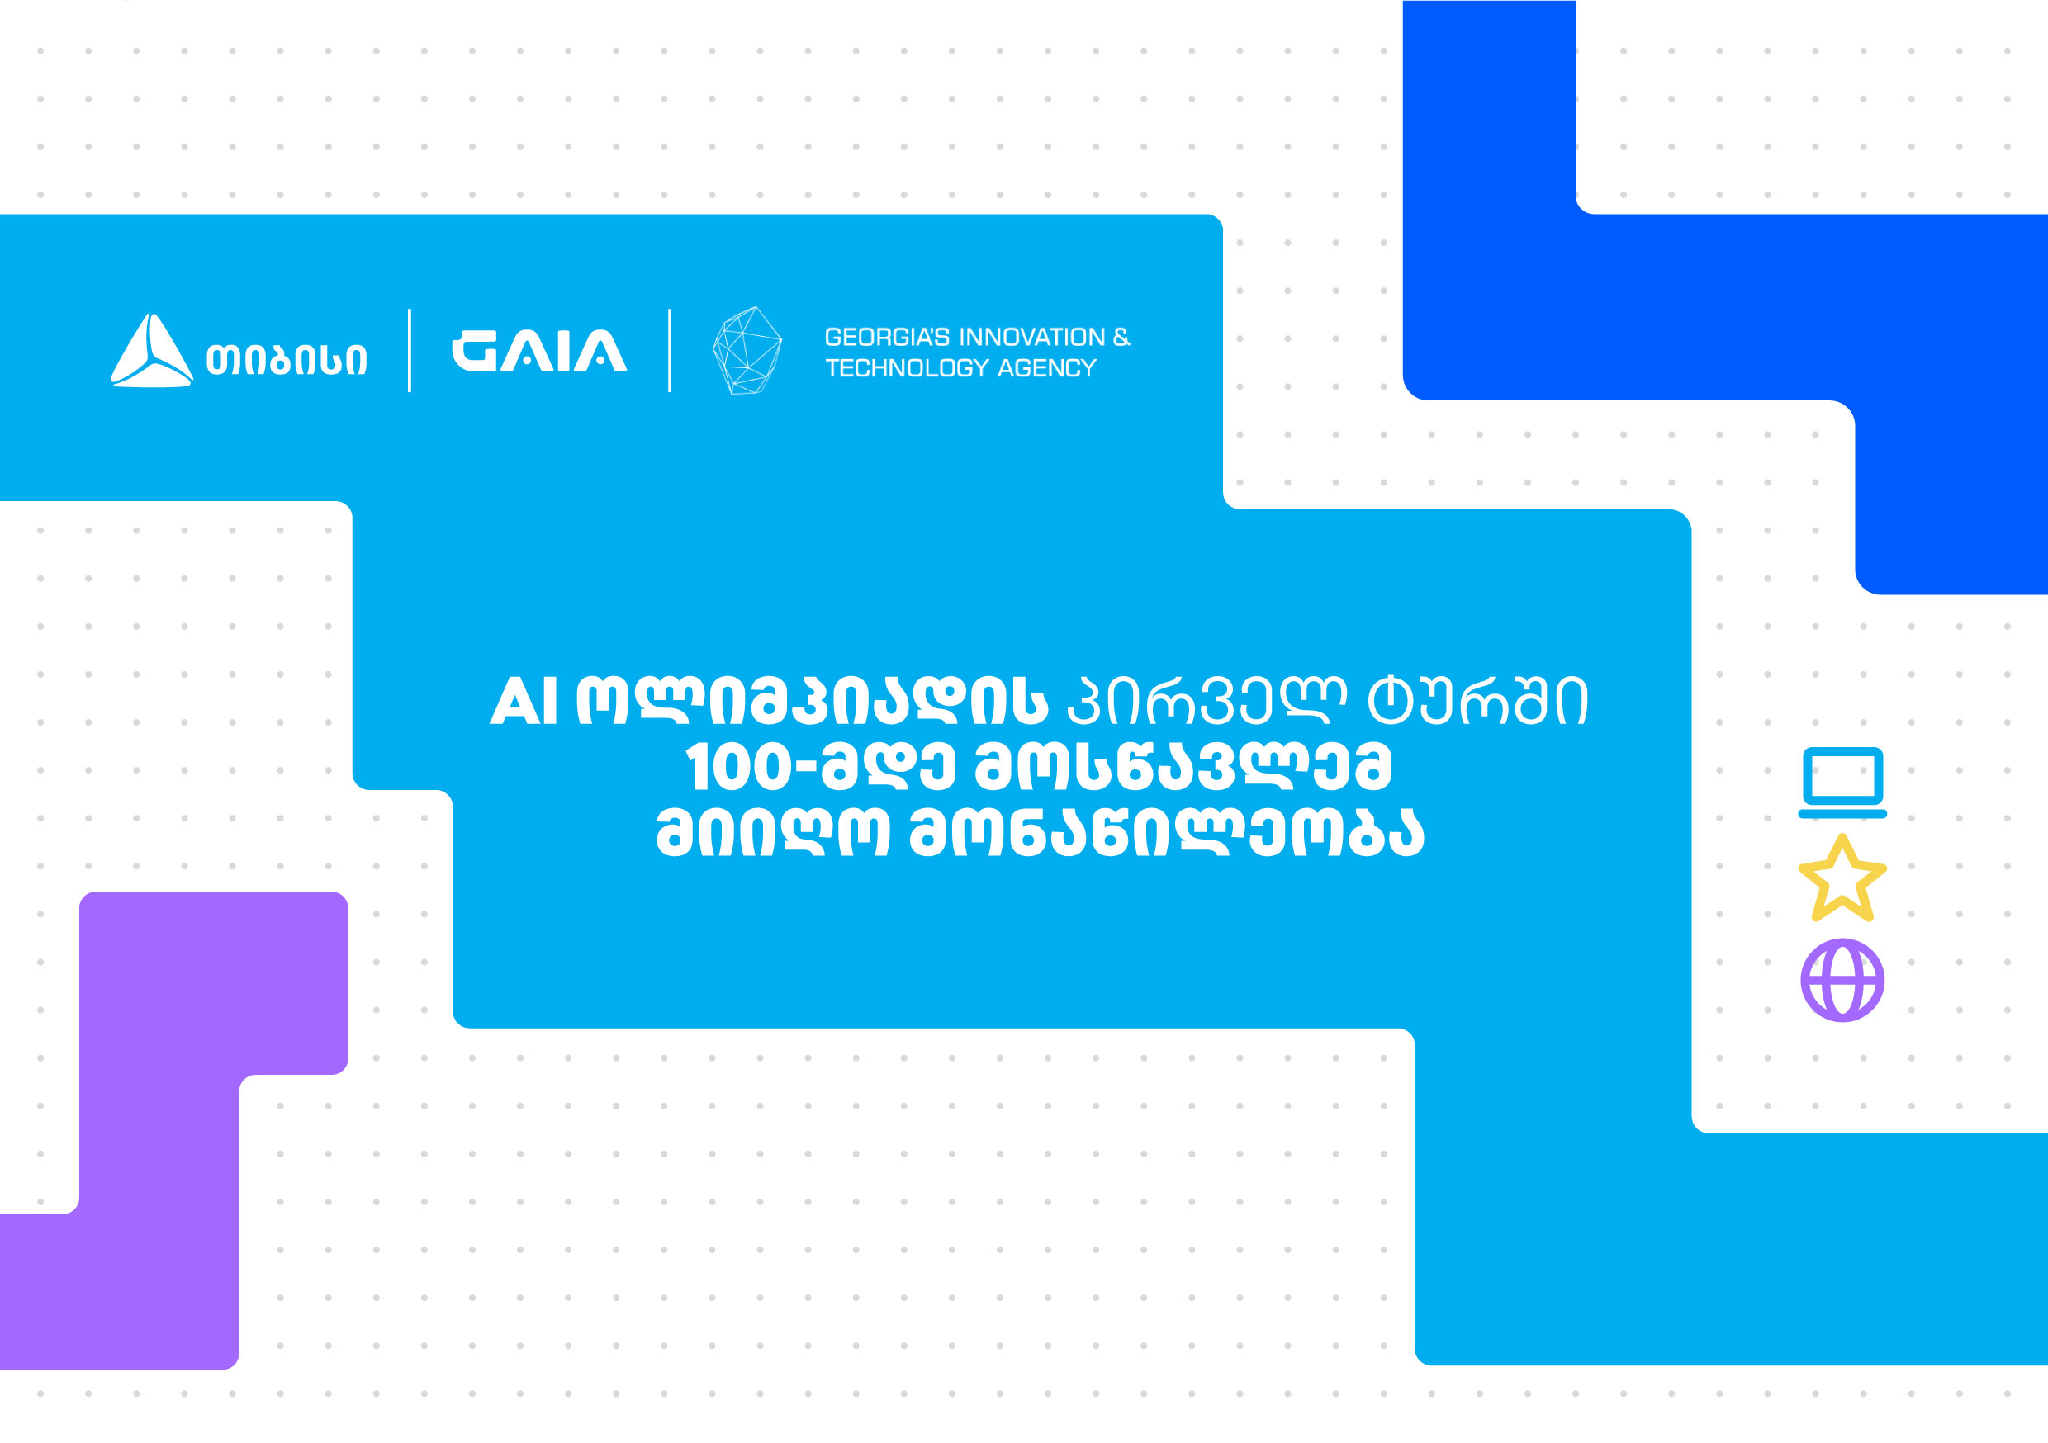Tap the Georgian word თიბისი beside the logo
pyautogui.click(x=287, y=359)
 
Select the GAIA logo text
pyautogui.click(x=539, y=351)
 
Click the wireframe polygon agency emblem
pyautogui.click(x=747, y=351)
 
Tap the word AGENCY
pyautogui.click(x=1047, y=368)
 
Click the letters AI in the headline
pyautogui.click(x=524, y=701)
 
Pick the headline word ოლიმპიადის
pyautogui.click(x=812, y=699)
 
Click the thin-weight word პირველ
pyautogui.click(x=1206, y=699)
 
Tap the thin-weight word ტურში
pyautogui.click(x=1478, y=699)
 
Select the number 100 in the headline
pyautogui.click(x=738, y=768)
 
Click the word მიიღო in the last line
pyautogui.click(x=772, y=832)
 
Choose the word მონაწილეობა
pyautogui.click(x=1167, y=832)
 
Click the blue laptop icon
pyautogui.click(x=1842, y=782)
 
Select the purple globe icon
pyautogui.click(x=1842, y=980)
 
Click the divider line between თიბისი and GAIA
pyautogui.click(x=410, y=351)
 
